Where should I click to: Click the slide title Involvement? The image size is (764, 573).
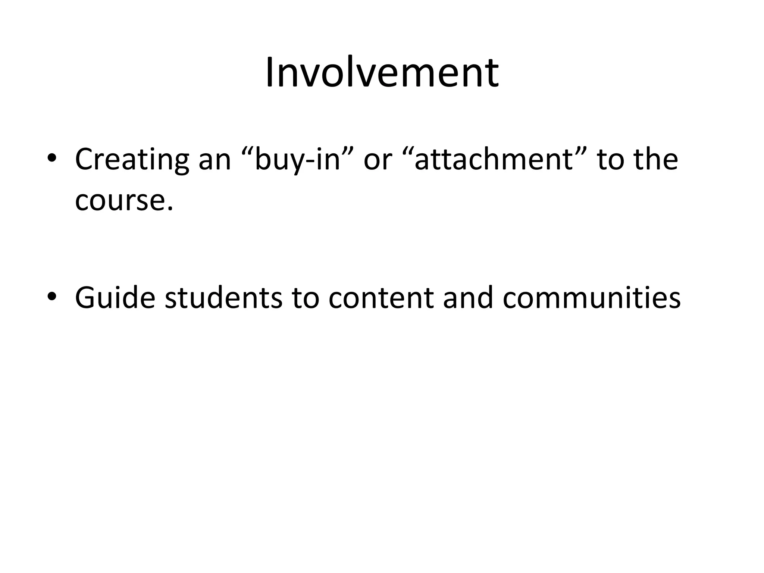382,73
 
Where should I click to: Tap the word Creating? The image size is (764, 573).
132,160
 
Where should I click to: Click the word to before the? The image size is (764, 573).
610,160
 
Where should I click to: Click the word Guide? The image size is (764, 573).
115,298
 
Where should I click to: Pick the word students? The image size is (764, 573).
223,298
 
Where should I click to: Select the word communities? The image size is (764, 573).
591,298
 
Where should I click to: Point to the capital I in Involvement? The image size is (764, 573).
269,73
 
